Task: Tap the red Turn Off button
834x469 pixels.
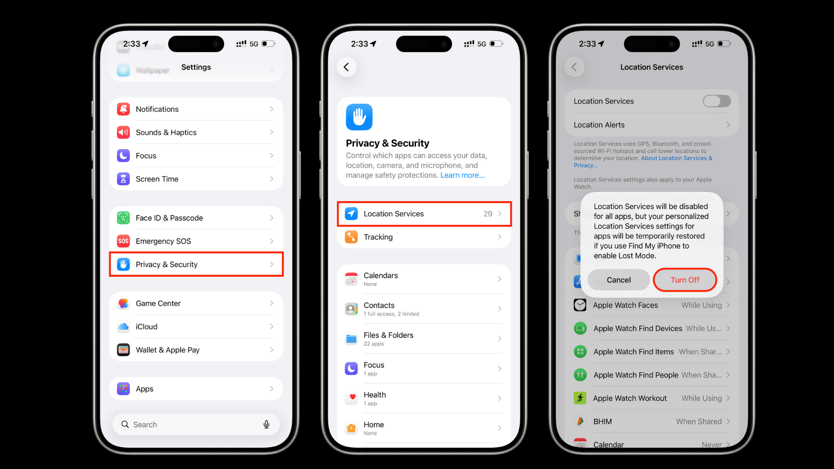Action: pos(685,280)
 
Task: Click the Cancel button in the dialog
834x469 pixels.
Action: pos(619,280)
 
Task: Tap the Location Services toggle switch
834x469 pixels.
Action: pos(716,101)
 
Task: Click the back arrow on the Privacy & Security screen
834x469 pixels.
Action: pos(347,67)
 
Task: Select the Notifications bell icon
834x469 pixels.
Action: pos(123,109)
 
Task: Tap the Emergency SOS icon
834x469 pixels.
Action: pos(123,241)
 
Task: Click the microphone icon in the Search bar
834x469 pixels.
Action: pos(266,424)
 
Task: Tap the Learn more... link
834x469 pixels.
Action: pos(462,175)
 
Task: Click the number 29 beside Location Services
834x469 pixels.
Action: pos(487,214)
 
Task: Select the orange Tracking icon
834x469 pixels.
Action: pos(351,237)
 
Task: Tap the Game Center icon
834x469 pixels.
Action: pos(123,304)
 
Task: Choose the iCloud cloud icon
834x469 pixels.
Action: pos(123,327)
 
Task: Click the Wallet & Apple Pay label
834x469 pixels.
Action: pos(168,350)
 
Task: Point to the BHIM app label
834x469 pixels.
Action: pos(602,421)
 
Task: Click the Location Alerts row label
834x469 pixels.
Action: pos(599,125)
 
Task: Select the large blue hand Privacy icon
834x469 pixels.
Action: pos(359,117)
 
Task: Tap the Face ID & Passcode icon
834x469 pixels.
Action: pos(123,218)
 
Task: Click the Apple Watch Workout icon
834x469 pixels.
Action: pos(580,398)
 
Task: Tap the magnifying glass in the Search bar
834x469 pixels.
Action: pos(125,424)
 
